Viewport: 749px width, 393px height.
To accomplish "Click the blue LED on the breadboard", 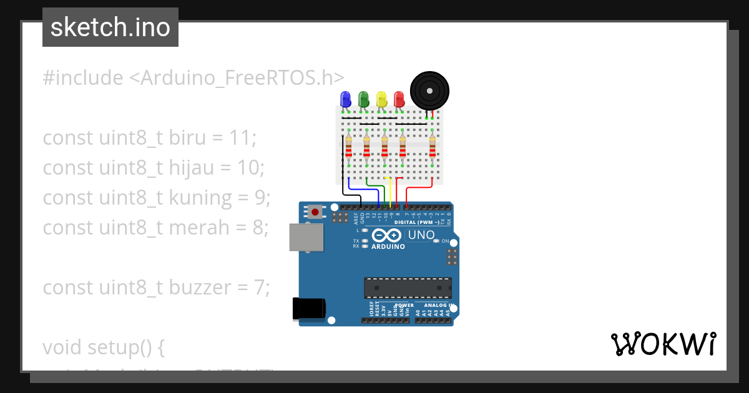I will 345,99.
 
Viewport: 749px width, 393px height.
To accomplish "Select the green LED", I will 363,99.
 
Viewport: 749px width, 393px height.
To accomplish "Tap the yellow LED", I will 381,99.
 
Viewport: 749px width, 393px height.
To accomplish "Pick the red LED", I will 399,99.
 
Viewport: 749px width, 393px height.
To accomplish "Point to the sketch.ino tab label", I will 110,27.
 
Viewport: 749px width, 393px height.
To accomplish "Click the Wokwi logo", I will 663,344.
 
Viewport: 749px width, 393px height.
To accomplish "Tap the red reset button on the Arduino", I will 315,212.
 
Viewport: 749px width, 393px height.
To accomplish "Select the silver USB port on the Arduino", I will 306,237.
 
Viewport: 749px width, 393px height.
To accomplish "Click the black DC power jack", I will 308,308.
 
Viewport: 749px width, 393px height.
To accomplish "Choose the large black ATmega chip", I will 408,288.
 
